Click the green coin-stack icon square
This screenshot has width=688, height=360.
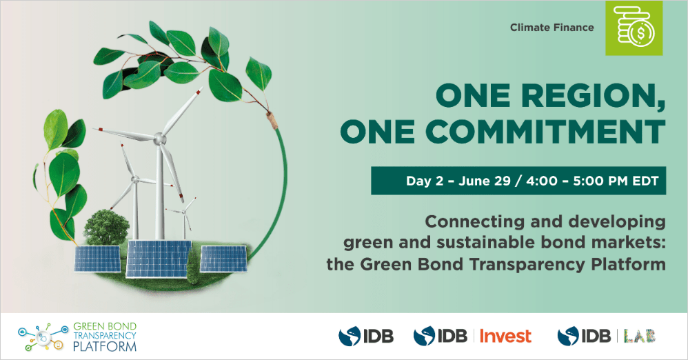pyautogui.click(x=634, y=28)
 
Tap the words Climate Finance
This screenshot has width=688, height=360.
pyautogui.click(x=552, y=28)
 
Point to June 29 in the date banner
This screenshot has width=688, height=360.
pyautogui.click(x=485, y=181)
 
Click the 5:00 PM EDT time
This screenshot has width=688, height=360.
pyautogui.click(x=616, y=181)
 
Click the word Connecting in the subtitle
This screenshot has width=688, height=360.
pyautogui.click(x=475, y=222)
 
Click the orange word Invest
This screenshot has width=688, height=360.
pyautogui.click(x=505, y=337)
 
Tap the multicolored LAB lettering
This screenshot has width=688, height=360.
pyautogui.click(x=639, y=337)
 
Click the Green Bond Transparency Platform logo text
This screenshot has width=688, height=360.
pyautogui.click(x=104, y=337)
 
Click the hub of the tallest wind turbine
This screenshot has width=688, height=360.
pyautogui.click(x=160, y=139)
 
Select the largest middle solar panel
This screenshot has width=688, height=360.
pyautogui.click(x=159, y=259)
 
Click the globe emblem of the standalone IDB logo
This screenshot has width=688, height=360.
pyautogui.click(x=350, y=337)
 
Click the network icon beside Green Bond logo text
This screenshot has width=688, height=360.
pyautogui.click(x=43, y=337)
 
